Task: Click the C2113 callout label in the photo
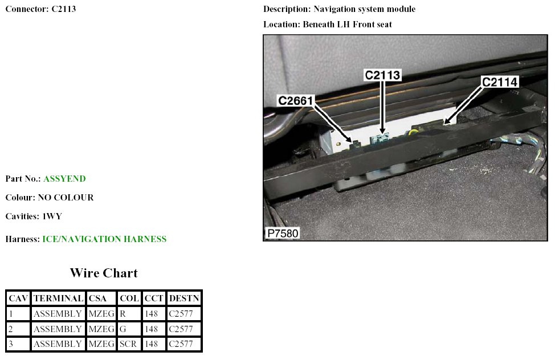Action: [382, 75]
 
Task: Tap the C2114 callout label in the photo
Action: [499, 82]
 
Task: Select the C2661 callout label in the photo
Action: [296, 100]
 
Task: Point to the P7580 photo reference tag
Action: [283, 234]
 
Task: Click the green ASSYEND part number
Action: [64, 178]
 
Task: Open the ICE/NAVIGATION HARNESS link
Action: [104, 239]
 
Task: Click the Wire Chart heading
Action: [104, 273]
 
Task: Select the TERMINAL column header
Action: [58, 298]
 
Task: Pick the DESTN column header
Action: [184, 298]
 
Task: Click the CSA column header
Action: [97, 298]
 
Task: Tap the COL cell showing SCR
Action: [128, 343]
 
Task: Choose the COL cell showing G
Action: [123, 329]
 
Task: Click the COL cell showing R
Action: [123, 314]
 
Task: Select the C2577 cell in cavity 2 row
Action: [181, 329]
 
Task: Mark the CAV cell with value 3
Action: [11, 343]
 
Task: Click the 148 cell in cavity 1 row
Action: [151, 314]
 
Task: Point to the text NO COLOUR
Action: [66, 197]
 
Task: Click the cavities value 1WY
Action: [52, 216]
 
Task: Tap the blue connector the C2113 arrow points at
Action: [380, 139]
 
